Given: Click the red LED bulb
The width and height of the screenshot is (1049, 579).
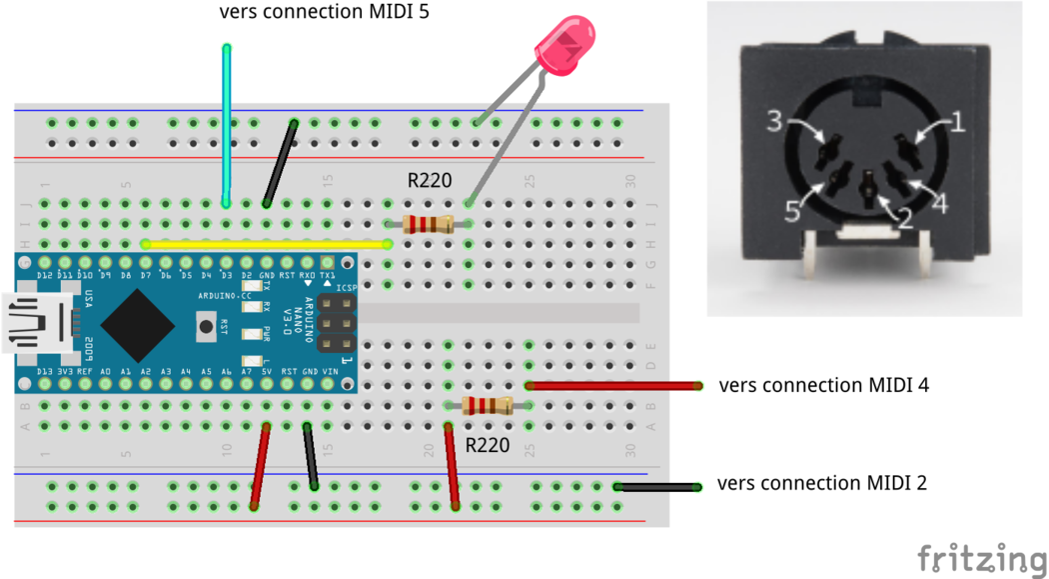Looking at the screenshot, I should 565,47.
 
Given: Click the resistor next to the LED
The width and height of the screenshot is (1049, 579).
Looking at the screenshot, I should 429,224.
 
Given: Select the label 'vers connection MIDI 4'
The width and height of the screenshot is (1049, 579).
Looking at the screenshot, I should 823,385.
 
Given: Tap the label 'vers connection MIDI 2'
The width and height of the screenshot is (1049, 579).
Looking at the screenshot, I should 821,483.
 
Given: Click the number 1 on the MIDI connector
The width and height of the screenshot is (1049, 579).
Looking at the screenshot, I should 956,123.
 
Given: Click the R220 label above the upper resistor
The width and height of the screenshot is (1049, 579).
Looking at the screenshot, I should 429,181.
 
